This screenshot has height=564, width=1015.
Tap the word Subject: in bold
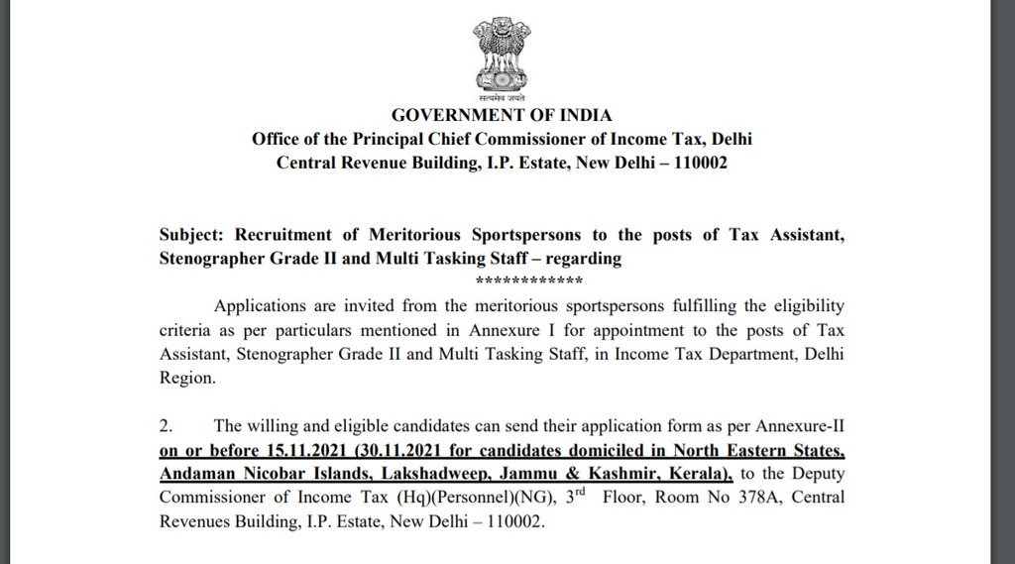pyautogui.click(x=191, y=235)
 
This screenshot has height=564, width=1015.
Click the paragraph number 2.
pyautogui.click(x=166, y=426)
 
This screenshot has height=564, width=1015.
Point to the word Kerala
pyautogui.click(x=698, y=472)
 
